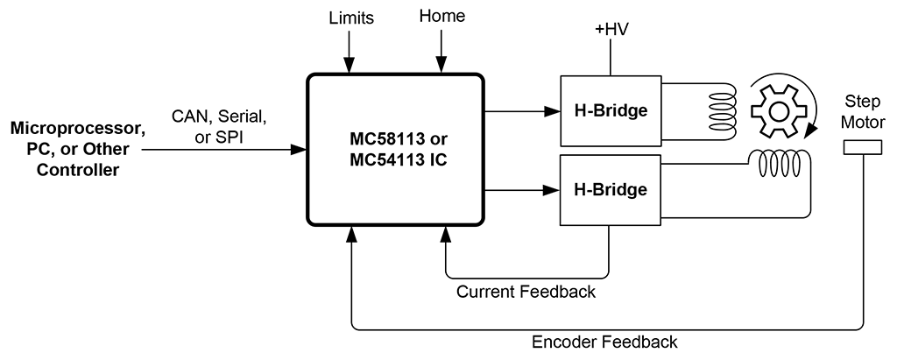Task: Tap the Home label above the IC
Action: coord(442,17)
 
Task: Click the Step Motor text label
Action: coord(863,111)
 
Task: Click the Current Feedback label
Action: coord(526,292)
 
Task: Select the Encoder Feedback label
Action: coord(604,342)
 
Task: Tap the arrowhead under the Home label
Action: coord(442,66)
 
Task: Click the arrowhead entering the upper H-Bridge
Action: coord(553,111)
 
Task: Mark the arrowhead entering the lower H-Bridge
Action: coord(553,189)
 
